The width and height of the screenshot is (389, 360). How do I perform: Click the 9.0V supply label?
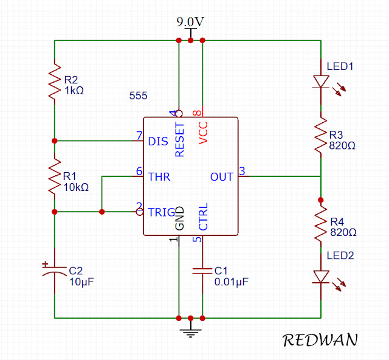pyautogui.click(x=190, y=22)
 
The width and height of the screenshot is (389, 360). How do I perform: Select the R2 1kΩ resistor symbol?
pyautogui.click(x=55, y=81)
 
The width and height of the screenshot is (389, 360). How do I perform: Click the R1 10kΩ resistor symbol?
pyautogui.click(x=55, y=176)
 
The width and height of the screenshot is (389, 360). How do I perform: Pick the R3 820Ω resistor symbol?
pyautogui.click(x=321, y=135)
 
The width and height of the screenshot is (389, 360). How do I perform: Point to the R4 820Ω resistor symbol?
pyautogui.click(x=321, y=224)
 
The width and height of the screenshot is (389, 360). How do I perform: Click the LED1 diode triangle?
pyautogui.click(x=321, y=82)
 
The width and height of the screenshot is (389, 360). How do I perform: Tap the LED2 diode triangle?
pyautogui.click(x=321, y=277)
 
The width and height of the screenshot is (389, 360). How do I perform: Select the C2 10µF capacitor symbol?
pyautogui.click(x=55, y=271)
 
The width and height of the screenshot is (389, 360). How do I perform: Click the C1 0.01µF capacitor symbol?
pyautogui.click(x=202, y=271)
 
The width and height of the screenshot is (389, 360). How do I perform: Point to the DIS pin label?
pyautogui.click(x=158, y=142)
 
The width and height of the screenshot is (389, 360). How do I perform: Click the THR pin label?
pyautogui.click(x=159, y=177)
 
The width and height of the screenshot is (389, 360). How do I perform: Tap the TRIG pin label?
pyautogui.click(x=162, y=212)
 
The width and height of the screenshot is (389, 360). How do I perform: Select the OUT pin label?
pyautogui.click(x=222, y=177)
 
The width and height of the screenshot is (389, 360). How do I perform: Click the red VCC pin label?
pyautogui.click(x=203, y=133)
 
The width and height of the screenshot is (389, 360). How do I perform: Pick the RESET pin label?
pyautogui.click(x=180, y=139)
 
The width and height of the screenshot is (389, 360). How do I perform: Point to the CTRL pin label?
pyautogui.click(x=203, y=216)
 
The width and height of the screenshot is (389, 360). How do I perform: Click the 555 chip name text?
pyautogui.click(x=138, y=95)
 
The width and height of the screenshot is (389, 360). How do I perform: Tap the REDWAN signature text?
pyautogui.click(x=320, y=340)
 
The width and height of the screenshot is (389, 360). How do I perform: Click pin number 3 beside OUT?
pyautogui.click(x=242, y=171)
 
